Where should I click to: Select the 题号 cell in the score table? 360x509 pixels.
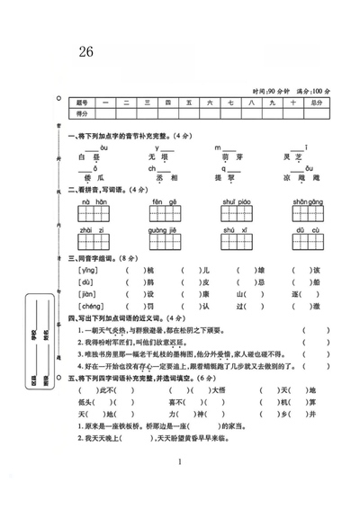84,103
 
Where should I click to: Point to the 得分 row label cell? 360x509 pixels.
84,115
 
